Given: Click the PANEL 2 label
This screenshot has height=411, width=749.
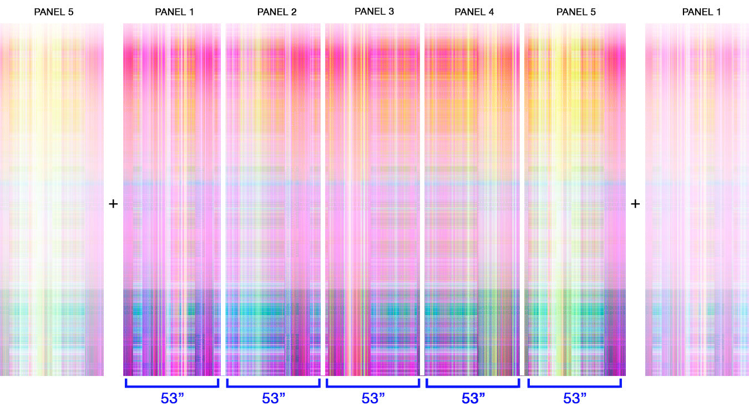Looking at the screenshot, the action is click(277, 12).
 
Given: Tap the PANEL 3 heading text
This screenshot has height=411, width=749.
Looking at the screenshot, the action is click(374, 11).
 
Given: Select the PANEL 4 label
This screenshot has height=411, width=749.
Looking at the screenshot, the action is click(474, 12).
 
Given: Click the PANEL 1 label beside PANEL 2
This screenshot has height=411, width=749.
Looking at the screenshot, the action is click(174, 12).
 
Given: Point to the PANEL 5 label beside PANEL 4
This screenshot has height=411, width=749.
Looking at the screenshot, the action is click(576, 12).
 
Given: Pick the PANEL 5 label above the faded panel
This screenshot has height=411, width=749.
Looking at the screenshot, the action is click(53, 12).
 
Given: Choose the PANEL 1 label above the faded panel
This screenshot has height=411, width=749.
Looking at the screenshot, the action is click(701, 12).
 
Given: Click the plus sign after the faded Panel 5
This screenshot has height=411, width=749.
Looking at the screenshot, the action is click(113, 204).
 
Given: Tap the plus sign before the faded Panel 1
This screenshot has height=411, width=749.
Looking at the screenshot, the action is click(635, 204).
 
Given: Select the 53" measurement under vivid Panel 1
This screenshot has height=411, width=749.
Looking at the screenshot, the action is click(173, 398).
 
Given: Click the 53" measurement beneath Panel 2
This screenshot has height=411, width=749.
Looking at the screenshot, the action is click(274, 398).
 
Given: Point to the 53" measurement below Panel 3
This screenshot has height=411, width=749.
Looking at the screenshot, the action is click(373, 398).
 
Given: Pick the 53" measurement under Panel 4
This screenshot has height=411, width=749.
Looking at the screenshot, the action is click(473, 398).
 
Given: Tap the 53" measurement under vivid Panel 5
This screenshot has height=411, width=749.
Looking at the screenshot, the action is click(575, 398).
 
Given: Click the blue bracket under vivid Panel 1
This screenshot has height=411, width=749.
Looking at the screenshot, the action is click(172, 387).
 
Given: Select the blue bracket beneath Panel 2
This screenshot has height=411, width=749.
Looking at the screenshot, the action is click(273, 387).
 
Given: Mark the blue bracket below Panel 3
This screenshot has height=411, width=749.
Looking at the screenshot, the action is click(373, 387).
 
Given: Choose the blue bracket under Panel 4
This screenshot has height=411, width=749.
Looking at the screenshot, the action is click(473, 387).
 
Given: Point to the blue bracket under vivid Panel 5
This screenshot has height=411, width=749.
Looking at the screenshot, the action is click(574, 387).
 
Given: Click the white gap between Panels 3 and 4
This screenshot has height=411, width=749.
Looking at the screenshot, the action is click(422, 199).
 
